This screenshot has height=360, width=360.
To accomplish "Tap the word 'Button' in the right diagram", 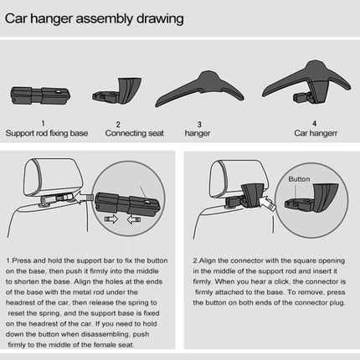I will (x=298, y=179).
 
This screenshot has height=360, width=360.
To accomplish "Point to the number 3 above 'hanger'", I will (x=198, y=122).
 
